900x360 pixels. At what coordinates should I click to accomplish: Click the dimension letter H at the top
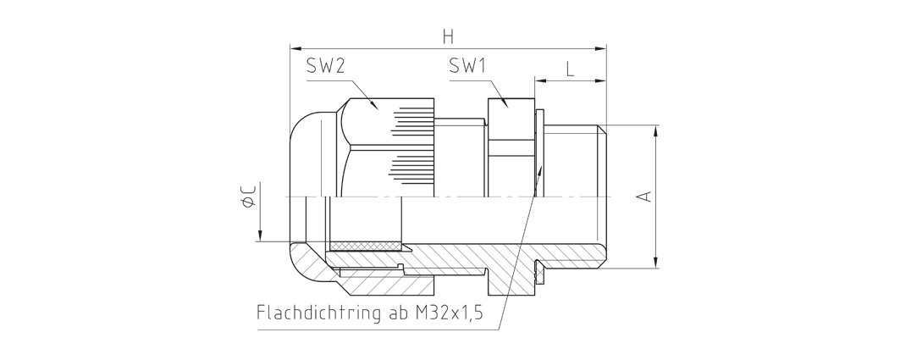pyautogui.click(x=448, y=36)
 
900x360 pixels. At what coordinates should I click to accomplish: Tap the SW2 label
pyautogui.click(x=325, y=67)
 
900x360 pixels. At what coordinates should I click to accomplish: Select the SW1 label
pyautogui.click(x=468, y=67)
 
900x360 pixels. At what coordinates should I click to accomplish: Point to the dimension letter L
pyautogui.click(x=570, y=69)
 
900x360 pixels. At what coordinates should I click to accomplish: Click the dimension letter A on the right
pyautogui.click(x=646, y=196)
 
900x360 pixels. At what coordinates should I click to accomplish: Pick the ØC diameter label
pyautogui.click(x=249, y=195)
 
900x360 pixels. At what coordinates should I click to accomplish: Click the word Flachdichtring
pyautogui.click(x=318, y=313)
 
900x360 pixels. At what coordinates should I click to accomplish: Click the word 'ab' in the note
pyautogui.click(x=396, y=313)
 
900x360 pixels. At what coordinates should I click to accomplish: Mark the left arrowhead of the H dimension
pyautogui.click(x=295, y=49)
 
